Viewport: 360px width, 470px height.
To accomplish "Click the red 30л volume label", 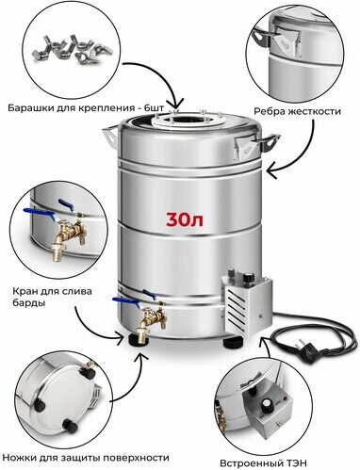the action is pos(185,219).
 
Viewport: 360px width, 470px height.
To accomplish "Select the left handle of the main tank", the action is pos(110,136).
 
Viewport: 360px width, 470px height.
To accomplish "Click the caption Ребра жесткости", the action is pos(297,111).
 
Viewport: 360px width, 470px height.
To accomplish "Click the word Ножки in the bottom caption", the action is pos(20,458).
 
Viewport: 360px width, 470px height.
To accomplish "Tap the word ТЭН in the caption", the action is pos(295,463).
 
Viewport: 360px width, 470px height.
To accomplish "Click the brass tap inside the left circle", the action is pos(68,235).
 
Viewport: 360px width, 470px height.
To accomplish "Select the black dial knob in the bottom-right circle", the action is pos(268,403).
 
